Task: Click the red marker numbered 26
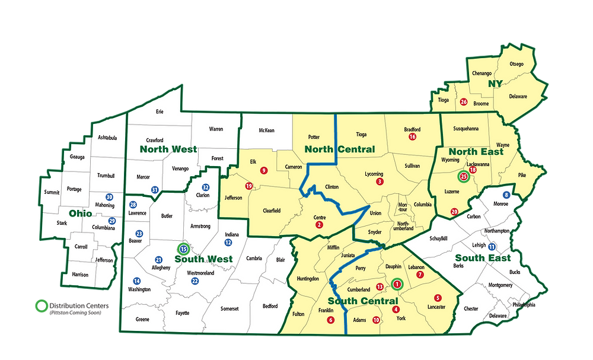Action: coord(464,102)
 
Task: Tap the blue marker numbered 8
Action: coord(506,195)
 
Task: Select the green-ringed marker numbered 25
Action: coord(464,176)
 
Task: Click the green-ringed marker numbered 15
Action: coord(183,250)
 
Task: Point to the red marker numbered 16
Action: coord(412,137)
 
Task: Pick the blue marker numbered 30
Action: coord(109,197)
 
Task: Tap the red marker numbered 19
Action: coord(249,186)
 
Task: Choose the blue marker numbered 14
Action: coord(137,281)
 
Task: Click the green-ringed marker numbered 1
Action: coord(397,284)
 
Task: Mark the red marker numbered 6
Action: coord(330,320)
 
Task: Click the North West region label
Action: coord(168,149)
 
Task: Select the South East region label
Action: coord(483,258)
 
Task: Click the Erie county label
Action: coord(159,111)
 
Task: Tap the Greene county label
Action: coord(142,319)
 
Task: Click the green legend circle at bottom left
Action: coord(40,306)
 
